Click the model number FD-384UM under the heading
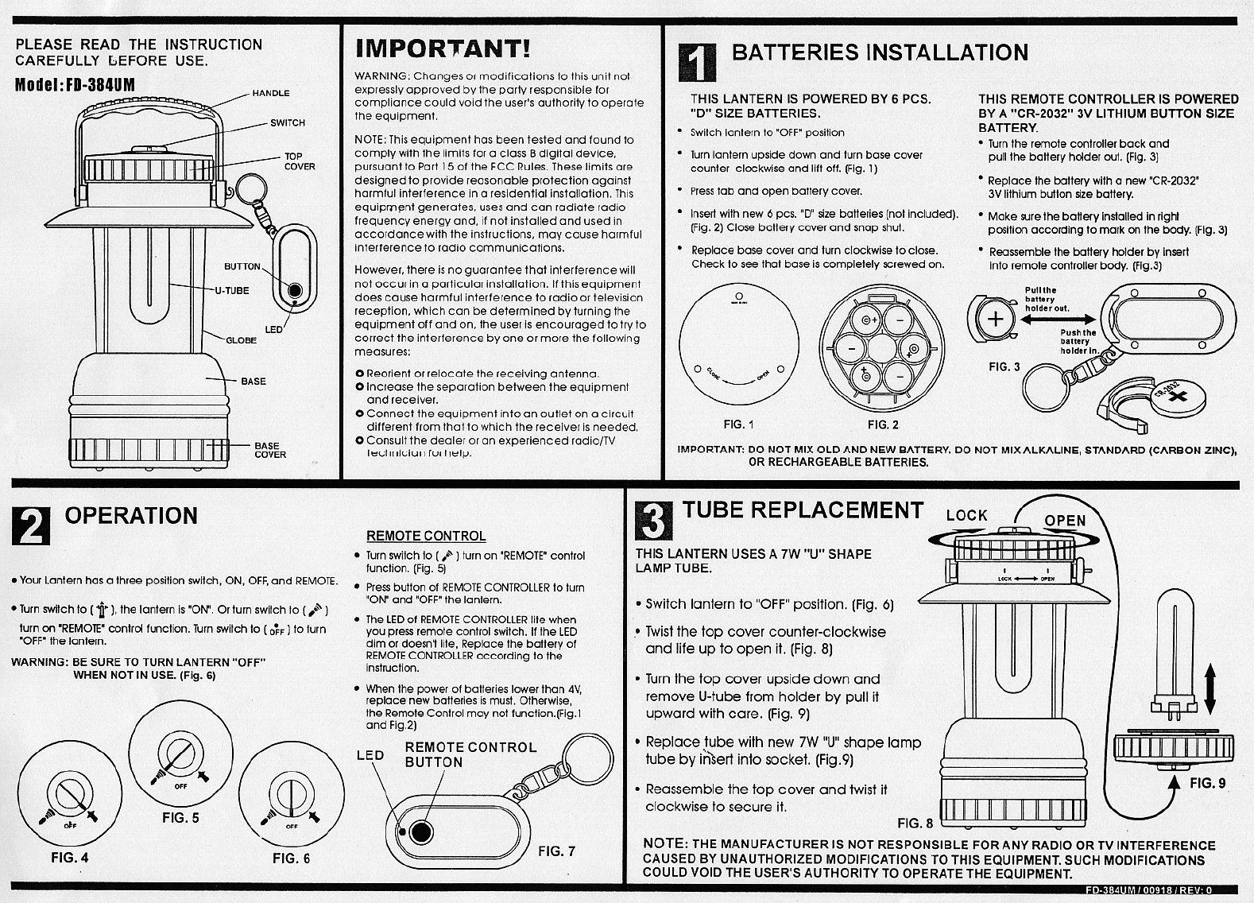(x=75, y=84)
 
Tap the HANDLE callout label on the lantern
(x=271, y=93)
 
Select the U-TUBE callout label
(x=232, y=290)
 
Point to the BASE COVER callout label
(x=270, y=450)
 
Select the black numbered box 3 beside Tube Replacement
(x=656, y=520)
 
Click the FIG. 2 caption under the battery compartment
(x=883, y=424)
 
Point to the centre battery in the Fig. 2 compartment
(x=882, y=347)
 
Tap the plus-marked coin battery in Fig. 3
(x=994, y=319)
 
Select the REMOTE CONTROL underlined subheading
(x=426, y=536)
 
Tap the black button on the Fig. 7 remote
(x=421, y=832)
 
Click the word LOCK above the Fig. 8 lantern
(x=966, y=515)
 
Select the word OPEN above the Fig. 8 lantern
(x=1065, y=521)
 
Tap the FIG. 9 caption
(x=1207, y=783)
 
